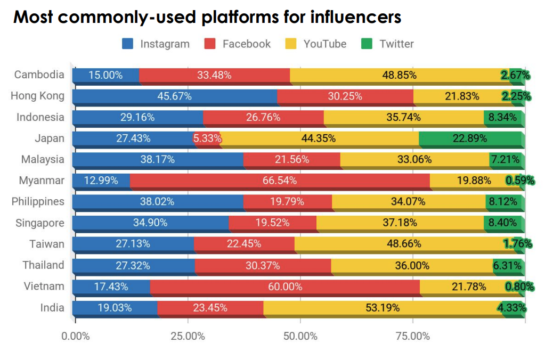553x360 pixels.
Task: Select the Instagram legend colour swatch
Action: click(128, 44)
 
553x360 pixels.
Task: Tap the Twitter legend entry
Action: click(396, 44)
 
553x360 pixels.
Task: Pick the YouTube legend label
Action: click(324, 44)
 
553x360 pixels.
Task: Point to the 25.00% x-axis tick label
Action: click(188, 336)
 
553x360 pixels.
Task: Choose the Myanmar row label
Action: click(42, 181)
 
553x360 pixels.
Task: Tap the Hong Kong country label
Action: click(37, 96)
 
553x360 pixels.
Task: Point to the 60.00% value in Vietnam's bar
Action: click(285, 287)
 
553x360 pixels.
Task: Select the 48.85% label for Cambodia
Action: click(399, 75)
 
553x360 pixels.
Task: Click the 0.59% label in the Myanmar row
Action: click(519, 181)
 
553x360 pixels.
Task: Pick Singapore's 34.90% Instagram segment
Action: click(150, 223)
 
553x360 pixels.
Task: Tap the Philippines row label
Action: click(38, 201)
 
